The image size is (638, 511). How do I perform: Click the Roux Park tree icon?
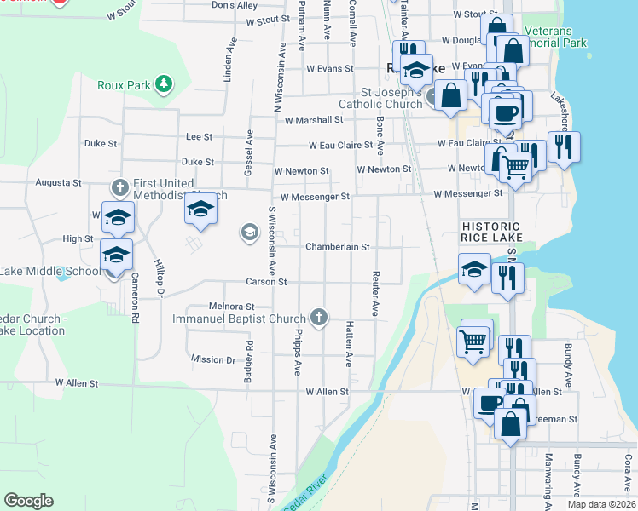coord(163,84)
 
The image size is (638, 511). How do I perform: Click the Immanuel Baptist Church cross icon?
coord(319,319)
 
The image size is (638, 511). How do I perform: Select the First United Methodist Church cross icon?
coord(120,187)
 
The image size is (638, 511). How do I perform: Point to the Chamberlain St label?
coord(337,247)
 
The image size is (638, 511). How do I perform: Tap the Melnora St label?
coord(232,306)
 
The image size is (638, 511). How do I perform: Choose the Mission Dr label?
coord(213,359)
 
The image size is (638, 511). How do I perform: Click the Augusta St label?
coord(58,182)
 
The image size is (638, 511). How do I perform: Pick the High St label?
coord(78,239)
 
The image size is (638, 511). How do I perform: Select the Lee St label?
coord(199,136)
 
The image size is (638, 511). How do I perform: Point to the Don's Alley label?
coord(235,5)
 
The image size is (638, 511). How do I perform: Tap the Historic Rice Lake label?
coord(490,233)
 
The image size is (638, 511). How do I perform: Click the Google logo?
coord(28,501)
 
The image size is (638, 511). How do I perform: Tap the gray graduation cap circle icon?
coord(249,232)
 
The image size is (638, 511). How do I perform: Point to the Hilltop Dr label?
coord(158,278)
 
